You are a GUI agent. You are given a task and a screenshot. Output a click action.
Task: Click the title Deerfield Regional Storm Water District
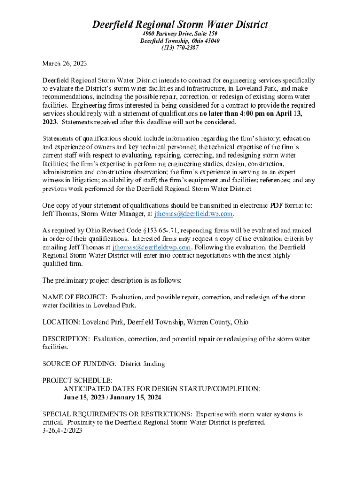pos(180,24)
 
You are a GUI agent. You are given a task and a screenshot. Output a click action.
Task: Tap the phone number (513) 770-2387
pos(180,48)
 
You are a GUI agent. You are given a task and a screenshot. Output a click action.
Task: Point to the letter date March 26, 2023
pos(65,63)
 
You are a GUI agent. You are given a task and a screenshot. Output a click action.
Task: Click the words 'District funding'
pos(143,363)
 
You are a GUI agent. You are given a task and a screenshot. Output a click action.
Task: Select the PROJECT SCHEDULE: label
pos(77,380)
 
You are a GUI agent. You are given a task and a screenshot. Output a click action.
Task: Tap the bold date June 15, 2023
pos(84,398)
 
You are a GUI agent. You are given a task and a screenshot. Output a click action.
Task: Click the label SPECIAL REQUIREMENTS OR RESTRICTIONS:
pos(117,414)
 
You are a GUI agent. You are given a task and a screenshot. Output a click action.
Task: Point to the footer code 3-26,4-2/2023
pos(62,430)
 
